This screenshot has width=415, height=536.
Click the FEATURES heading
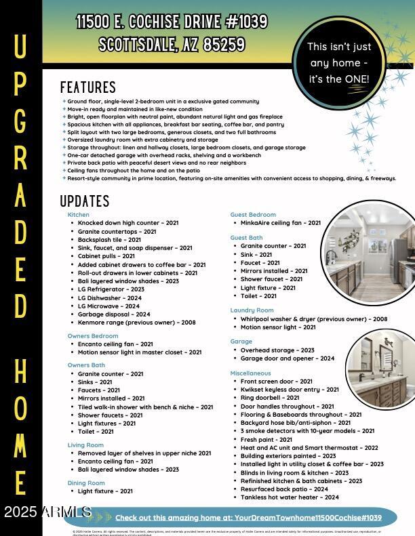88,87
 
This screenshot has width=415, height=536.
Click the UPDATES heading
85,201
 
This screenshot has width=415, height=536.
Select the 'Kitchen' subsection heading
79,215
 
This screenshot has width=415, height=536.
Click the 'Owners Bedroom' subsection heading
93,336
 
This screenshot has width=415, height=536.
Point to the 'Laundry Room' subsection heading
252,310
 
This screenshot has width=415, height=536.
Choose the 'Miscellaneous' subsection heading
250,373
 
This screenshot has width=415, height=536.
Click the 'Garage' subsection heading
241,342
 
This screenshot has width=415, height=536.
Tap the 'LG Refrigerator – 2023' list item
111,289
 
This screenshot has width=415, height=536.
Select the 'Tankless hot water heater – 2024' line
290,497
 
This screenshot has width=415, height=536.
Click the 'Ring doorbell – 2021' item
270,398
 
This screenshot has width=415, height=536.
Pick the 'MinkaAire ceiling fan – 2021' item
280,223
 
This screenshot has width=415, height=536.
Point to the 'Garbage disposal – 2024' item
114,314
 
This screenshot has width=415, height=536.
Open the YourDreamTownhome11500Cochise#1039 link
248,518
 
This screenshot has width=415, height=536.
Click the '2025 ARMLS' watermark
47,512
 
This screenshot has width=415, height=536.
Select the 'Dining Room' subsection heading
86,483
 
